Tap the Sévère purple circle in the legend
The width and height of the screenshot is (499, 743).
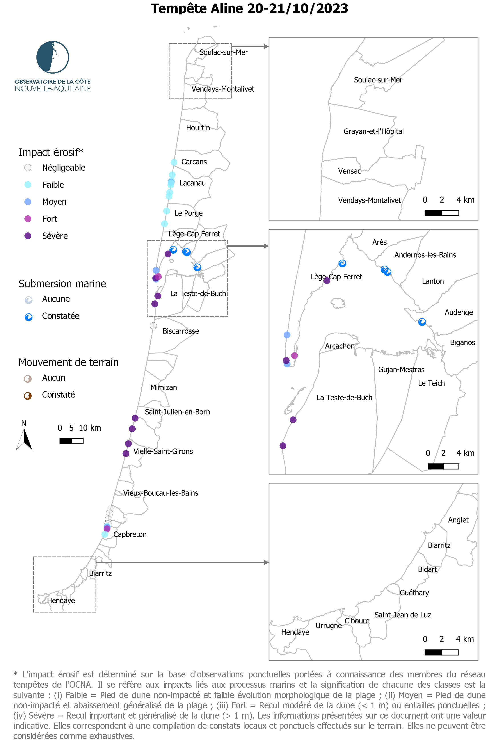tap(28, 236)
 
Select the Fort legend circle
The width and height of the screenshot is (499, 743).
tap(28, 219)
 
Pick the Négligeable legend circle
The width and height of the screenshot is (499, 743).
tap(28, 168)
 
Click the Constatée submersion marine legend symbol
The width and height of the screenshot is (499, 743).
tap(29, 317)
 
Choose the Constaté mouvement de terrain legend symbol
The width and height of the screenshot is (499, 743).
tap(28, 396)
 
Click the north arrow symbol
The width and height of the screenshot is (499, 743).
tap(24, 439)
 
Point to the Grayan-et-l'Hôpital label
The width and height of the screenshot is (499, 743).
tap(374, 131)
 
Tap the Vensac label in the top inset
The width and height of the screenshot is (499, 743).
tap(349, 171)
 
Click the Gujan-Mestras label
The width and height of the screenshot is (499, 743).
tap(401, 370)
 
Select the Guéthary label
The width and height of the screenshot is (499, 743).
tap(414, 593)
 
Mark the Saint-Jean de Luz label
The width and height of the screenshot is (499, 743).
tap(403, 615)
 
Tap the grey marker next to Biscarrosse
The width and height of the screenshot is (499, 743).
tap(153, 326)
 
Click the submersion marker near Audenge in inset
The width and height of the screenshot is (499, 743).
tap(422, 322)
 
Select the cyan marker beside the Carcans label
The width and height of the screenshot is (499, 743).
tap(174, 162)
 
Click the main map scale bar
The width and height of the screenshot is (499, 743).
tap(71, 441)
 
